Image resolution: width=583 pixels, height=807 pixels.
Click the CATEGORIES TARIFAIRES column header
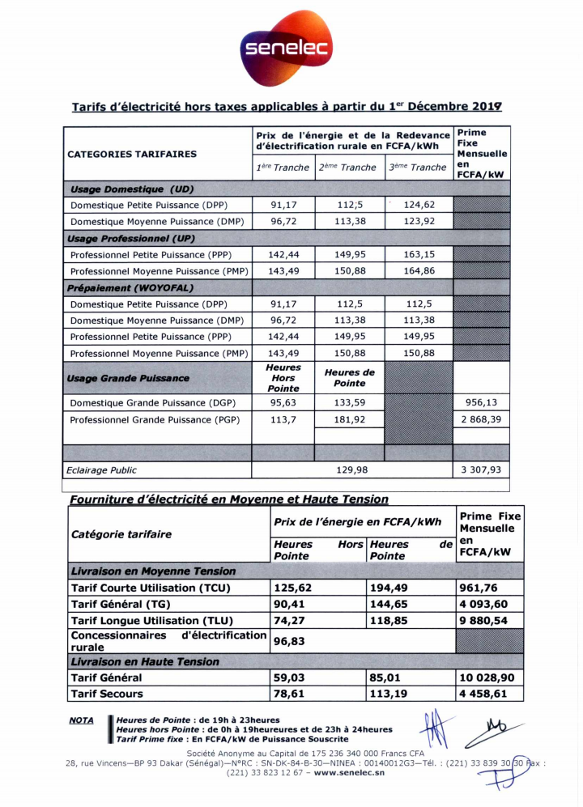click(132, 154)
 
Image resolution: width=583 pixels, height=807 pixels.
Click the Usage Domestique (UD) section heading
click(132, 189)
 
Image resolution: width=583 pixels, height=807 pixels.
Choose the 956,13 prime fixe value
click(481, 402)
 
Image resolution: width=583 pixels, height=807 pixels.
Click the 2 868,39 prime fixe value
click(481, 419)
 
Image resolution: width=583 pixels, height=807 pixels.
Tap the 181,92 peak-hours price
click(349, 419)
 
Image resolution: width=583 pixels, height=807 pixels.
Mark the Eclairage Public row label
click(102, 469)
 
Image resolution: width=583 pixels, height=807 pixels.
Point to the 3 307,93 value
click(481, 469)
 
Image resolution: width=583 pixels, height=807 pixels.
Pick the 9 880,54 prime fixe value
click(487, 620)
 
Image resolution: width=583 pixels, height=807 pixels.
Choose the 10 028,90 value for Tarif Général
click(489, 677)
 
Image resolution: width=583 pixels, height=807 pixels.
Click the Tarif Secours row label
click(107, 694)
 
